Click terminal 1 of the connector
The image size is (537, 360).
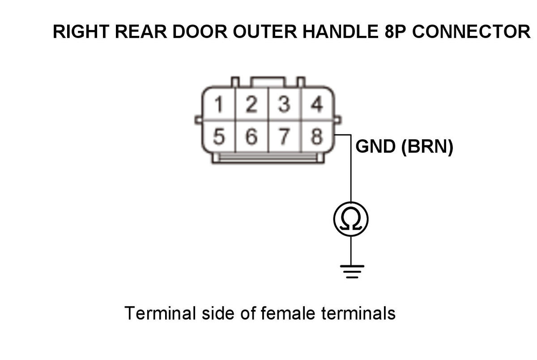(219, 105)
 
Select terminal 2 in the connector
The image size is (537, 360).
(251, 105)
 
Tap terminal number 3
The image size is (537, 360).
(284, 105)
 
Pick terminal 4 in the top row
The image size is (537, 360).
(317, 105)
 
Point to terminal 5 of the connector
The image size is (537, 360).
(219, 137)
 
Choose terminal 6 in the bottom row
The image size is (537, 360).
(251, 137)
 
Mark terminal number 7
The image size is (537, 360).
(283, 137)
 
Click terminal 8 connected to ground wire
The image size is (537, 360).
(317, 137)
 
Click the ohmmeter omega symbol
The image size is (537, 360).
(351, 219)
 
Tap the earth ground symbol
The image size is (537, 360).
(352, 271)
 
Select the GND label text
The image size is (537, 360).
(375, 147)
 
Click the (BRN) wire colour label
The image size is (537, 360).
(427, 147)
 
